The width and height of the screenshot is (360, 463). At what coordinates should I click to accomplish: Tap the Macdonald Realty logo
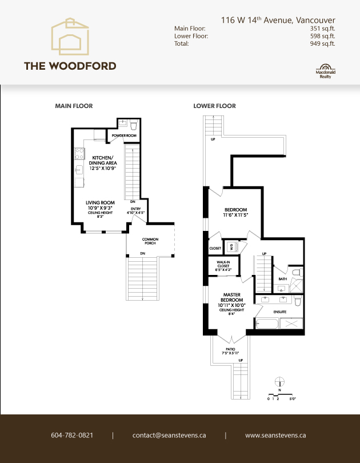coord(325,70)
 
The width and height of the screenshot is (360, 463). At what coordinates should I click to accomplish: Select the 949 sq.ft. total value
coord(323,43)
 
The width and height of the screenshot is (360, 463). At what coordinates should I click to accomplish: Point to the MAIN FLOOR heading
coord(74,106)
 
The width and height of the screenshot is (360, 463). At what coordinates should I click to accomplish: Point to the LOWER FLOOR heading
coord(214,106)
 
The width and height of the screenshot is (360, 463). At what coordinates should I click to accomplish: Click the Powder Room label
coord(124,135)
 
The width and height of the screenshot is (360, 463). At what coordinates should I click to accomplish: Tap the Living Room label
coord(101,203)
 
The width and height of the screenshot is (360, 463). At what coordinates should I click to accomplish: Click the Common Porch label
coord(150,241)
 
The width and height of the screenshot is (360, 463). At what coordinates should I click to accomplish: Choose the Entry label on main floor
coord(135,211)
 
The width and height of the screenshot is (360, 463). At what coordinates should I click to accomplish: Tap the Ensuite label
coord(279,312)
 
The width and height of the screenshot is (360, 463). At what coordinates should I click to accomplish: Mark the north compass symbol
coord(279,383)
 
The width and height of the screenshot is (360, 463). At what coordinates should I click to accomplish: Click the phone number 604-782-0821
coord(72,435)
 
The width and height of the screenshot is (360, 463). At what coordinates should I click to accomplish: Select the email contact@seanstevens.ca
coord(169,435)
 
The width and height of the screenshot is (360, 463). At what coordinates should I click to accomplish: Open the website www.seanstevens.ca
coord(275,435)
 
